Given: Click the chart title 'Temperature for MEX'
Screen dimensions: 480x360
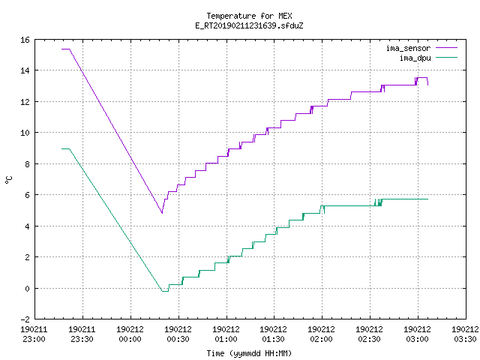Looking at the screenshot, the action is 249,16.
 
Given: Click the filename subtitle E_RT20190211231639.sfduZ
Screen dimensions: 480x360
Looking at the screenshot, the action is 249,25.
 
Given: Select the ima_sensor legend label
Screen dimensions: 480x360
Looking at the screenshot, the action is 408,48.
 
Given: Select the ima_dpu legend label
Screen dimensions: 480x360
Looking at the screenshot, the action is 415,58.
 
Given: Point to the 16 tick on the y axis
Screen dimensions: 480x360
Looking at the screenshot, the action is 25,40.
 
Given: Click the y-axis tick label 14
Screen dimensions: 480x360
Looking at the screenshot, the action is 25,70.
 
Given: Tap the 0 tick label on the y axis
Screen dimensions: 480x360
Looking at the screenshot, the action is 28,288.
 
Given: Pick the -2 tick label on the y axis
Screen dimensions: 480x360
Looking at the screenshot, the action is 25,319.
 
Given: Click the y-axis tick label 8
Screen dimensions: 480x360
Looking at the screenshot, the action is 28,164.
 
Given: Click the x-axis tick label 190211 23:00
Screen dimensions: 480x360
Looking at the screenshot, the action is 34,334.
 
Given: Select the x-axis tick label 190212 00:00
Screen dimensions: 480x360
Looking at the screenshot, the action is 130,334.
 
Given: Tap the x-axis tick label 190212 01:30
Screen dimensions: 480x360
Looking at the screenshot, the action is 273,334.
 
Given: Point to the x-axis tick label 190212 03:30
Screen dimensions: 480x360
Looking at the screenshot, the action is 465,334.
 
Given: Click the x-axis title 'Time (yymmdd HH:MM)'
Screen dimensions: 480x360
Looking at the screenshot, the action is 249,353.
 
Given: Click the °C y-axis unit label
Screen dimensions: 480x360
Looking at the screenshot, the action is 8,180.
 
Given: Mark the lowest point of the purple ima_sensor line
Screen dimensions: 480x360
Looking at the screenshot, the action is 162,213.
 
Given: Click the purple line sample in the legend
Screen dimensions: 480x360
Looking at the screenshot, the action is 447,48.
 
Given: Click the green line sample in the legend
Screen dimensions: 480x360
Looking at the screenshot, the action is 447,58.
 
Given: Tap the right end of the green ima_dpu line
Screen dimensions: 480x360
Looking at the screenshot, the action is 428,199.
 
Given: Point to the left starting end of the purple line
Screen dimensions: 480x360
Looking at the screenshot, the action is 61,49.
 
